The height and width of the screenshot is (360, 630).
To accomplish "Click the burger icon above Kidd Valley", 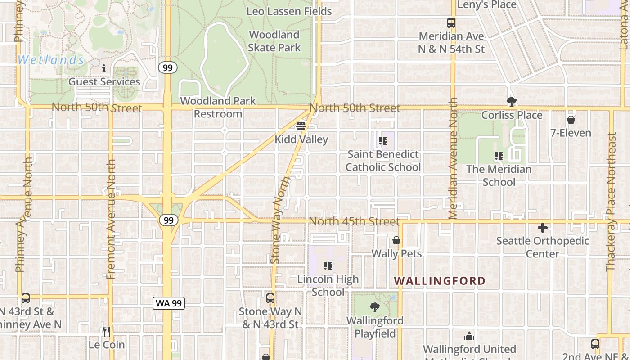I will pos(301,126).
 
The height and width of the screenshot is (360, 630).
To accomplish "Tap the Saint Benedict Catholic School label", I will pos(383,161).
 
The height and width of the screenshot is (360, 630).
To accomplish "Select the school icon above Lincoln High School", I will pos(328,266).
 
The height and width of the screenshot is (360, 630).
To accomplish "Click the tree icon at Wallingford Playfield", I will pos(374,308).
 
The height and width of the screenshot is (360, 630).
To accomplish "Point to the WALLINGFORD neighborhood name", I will pos(440,281).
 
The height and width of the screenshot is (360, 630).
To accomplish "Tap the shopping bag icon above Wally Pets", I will pos(396,241).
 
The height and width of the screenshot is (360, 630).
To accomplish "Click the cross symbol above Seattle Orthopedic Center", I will pos(543,228).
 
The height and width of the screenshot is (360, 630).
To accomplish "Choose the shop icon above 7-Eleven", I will pos(571,120).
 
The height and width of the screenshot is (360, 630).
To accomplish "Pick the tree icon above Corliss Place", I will pos(511,102).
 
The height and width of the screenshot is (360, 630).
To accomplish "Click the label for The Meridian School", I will pos(499,175).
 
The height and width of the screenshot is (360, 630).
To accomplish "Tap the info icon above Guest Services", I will pos(104,69).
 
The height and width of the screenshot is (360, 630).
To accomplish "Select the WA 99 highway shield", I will pos(169,303).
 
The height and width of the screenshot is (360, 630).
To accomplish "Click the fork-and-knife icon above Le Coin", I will pos(106,332).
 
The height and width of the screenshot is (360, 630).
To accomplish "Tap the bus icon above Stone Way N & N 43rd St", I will pos(270,298).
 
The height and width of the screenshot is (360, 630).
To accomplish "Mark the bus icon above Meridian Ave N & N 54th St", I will pos(451,23).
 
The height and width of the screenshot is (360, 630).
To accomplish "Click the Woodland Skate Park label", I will pos(274,41).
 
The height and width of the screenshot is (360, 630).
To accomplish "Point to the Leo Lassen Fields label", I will pos(289,11).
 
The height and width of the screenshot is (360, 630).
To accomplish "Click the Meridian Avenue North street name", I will pos(454,158).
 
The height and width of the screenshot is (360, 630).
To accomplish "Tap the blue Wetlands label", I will pos(51,60).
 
